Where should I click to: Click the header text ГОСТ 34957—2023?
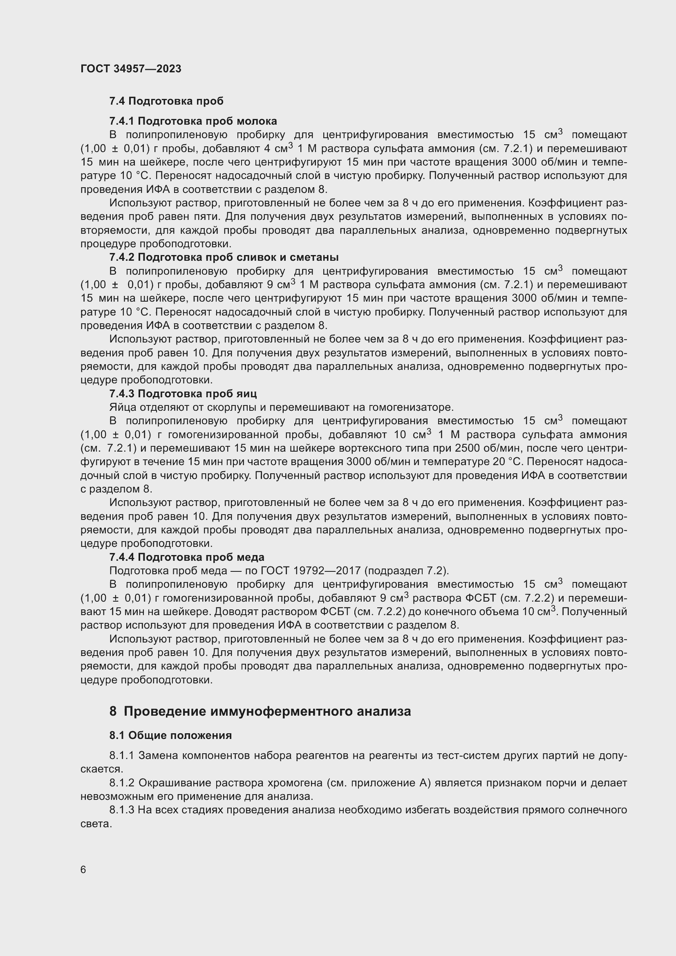131,69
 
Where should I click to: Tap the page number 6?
83,869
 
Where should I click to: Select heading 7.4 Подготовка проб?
166,101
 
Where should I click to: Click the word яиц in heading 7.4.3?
248,394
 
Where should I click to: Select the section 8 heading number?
113,711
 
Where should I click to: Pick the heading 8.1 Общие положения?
170,735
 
